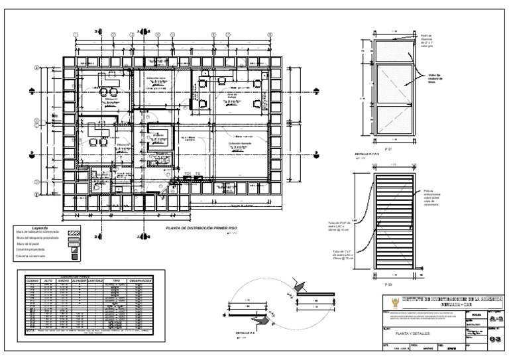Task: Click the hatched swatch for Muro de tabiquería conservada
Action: [x=74, y=232]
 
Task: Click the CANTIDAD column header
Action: [x=95, y=280]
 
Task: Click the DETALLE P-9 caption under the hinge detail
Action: [x=243, y=332]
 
